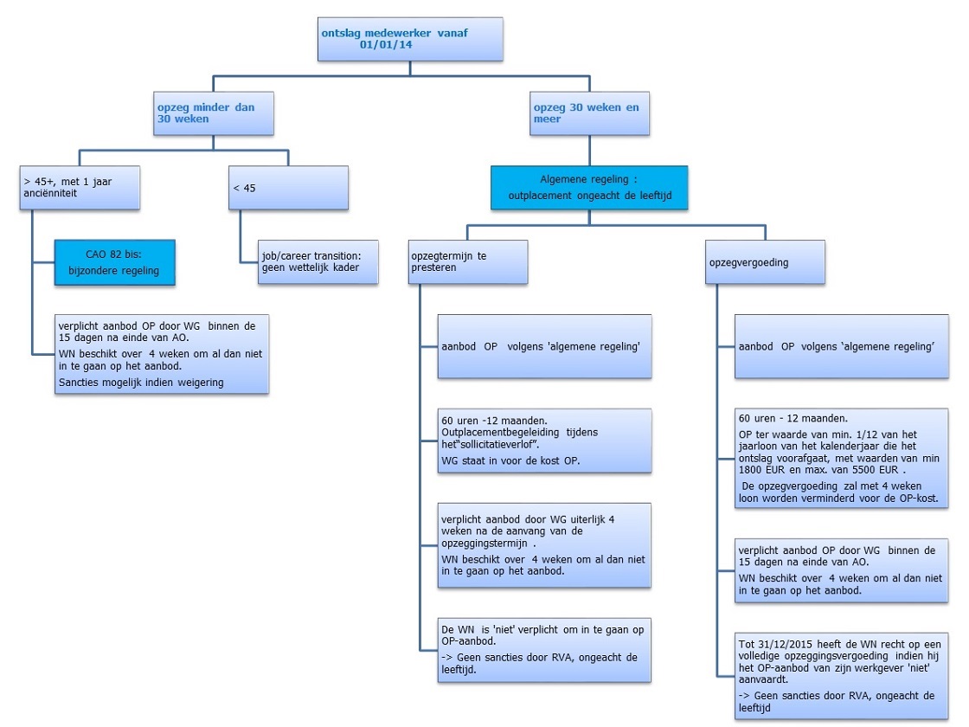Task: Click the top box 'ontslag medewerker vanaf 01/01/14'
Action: pos(410,39)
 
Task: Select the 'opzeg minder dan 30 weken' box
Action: pos(213,113)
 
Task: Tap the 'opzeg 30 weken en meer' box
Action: pos(589,113)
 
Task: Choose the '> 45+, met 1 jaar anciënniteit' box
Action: pos(80,187)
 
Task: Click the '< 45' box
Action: pos(288,187)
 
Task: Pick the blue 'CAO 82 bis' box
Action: pos(114,263)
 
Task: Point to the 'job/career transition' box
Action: pos(318,261)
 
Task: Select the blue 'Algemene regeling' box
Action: pos(589,187)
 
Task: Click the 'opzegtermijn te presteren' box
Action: pos(468,261)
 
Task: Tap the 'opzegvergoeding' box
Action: pos(765,261)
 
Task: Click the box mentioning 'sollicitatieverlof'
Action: pos(544,441)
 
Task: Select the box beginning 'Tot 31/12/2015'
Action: pos(841,676)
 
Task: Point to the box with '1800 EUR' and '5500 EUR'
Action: pos(841,458)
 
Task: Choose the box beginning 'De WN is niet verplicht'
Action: pos(544,650)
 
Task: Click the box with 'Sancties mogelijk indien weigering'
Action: pos(161,354)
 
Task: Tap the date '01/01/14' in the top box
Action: pos(386,44)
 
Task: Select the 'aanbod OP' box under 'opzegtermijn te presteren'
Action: pos(544,346)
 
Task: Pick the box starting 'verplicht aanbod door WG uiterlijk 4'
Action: pos(544,545)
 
